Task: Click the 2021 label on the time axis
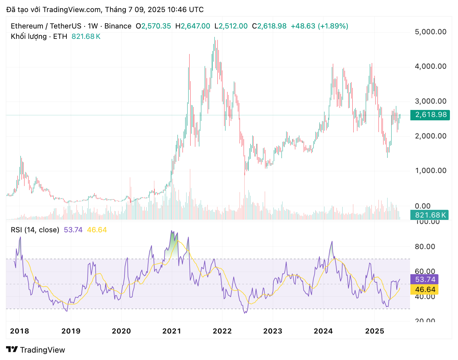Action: pos(171,331)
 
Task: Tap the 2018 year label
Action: pos(19,331)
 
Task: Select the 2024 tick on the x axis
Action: pos(323,331)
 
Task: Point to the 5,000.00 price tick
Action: pos(430,32)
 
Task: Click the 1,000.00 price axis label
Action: pos(430,171)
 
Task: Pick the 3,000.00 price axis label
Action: pos(430,101)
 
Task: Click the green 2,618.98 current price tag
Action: pos(430,115)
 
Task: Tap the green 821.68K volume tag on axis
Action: pos(430,215)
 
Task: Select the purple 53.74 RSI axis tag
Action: pos(425,280)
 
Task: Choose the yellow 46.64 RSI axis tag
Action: pos(425,290)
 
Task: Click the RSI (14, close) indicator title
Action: pos(35,230)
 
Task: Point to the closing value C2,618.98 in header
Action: pos(269,26)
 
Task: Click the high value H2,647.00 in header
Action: pos(193,26)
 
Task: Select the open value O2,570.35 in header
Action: pos(153,26)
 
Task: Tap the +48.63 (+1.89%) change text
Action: pos(319,26)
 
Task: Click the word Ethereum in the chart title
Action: pos(27,26)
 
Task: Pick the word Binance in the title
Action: pos(118,26)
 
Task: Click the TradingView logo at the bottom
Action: pos(36,350)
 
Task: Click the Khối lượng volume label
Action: pos(29,37)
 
